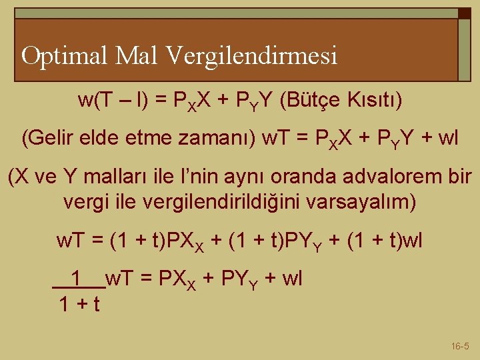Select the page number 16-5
460,346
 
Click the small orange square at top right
464,13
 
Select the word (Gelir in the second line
48,139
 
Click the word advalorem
385,178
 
